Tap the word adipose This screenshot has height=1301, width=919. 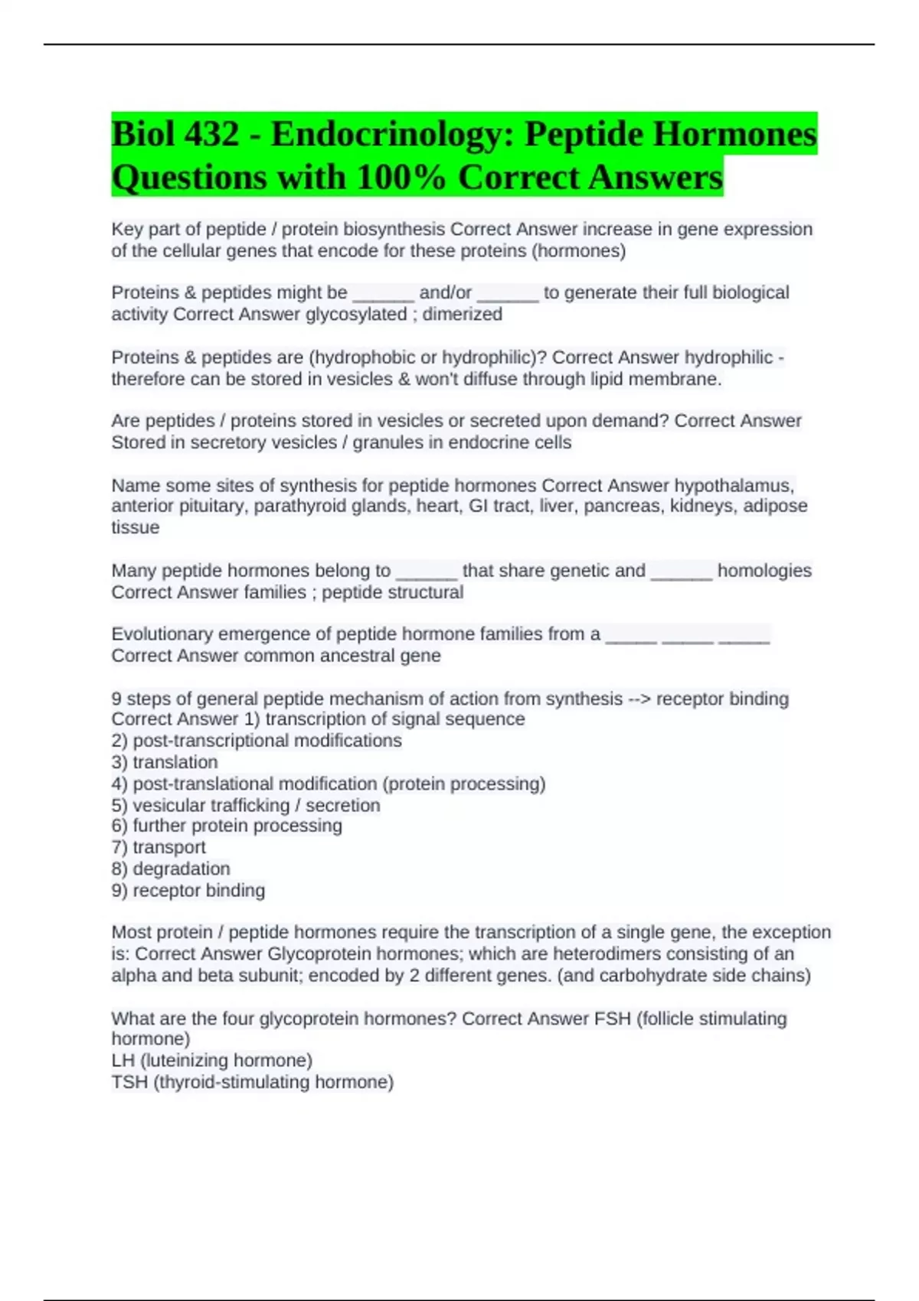pyautogui.click(x=775, y=506)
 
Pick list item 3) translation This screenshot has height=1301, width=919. pyautogui.click(x=165, y=762)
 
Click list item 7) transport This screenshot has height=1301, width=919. pyautogui.click(x=159, y=847)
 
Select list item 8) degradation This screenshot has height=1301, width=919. pyautogui.click(x=171, y=869)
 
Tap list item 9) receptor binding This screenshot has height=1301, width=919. pyautogui.click(x=188, y=891)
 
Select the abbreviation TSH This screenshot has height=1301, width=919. pyautogui.click(x=129, y=1082)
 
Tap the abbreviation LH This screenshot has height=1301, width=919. pyautogui.click(x=123, y=1061)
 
